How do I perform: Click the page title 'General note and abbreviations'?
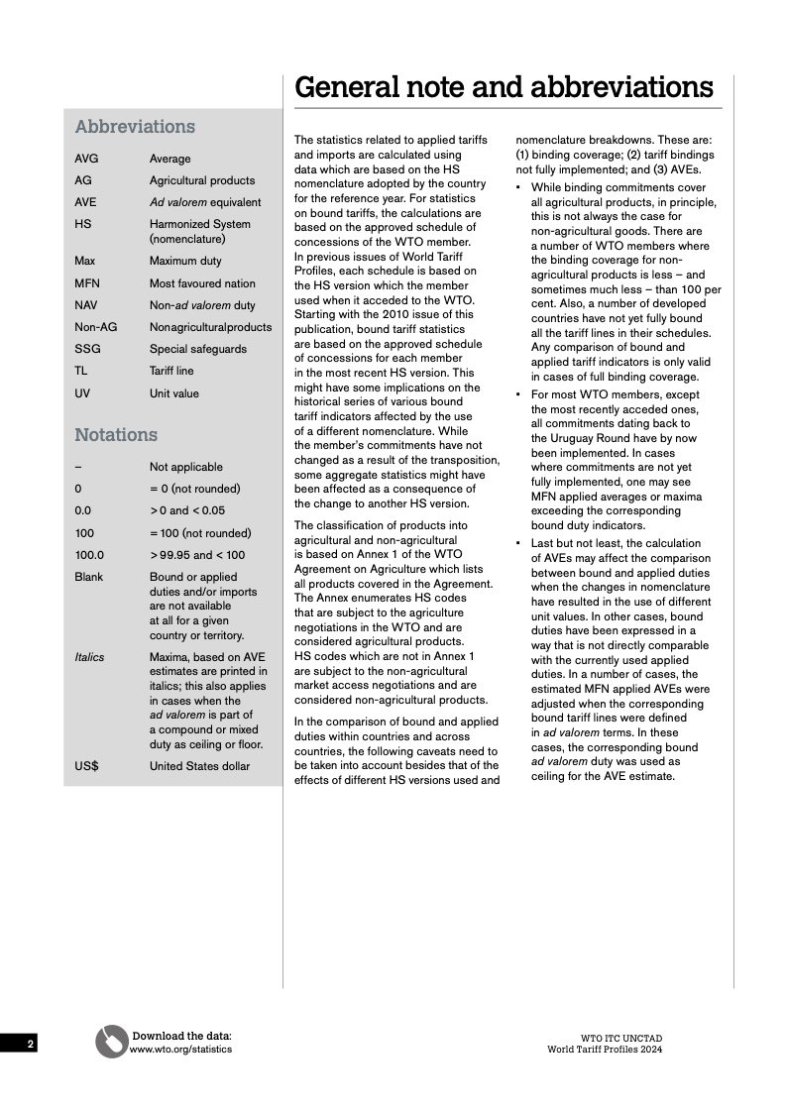click(x=504, y=87)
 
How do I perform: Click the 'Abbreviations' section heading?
click(x=135, y=127)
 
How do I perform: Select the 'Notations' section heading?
click(x=116, y=435)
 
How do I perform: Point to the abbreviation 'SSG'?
click(x=85, y=349)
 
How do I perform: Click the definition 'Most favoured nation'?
click(x=202, y=283)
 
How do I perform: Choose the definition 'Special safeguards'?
click(x=198, y=349)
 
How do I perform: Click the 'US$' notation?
click(x=86, y=766)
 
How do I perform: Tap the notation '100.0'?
click(x=89, y=555)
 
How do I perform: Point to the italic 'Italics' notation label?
click(x=89, y=657)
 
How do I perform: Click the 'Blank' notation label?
click(x=88, y=577)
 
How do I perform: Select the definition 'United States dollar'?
click(x=200, y=766)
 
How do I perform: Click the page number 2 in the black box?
click(x=30, y=1045)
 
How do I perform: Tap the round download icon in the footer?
click(x=111, y=1042)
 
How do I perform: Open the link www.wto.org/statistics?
click(x=180, y=1050)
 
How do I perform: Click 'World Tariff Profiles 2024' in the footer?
click(x=605, y=1050)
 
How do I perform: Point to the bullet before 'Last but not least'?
click(x=518, y=544)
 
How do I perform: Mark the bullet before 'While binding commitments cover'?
click(x=518, y=187)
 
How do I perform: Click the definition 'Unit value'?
click(x=174, y=393)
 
